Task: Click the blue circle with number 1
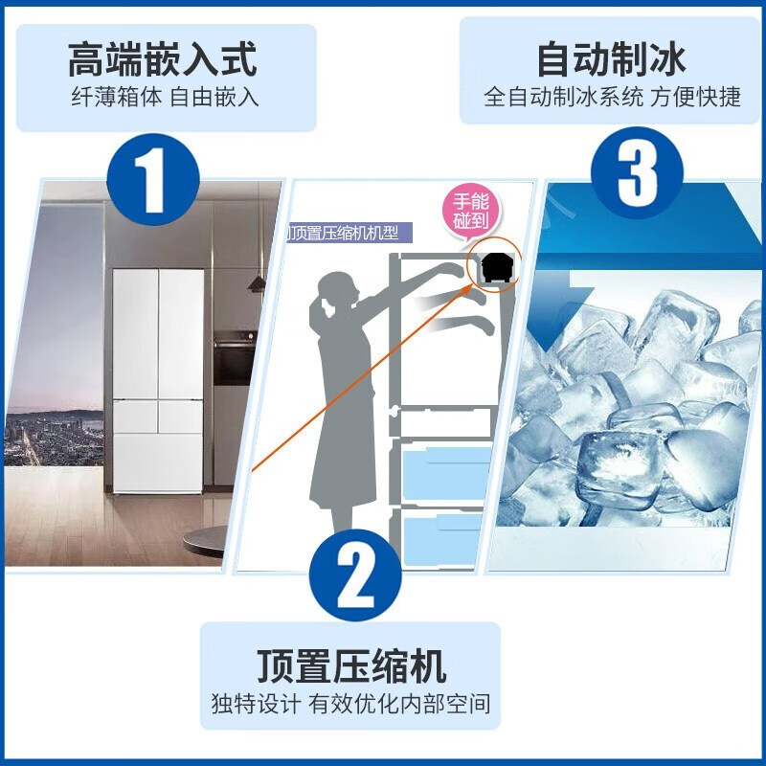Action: coord(154,176)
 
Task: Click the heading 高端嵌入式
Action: coord(164,59)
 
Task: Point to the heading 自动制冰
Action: coord(611,59)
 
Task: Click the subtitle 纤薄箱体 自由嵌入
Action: coord(164,98)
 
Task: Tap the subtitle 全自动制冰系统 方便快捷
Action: coord(612,98)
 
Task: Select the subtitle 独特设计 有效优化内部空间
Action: coord(350,705)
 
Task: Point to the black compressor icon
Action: coord(497,269)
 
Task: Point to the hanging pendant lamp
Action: coord(257,278)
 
